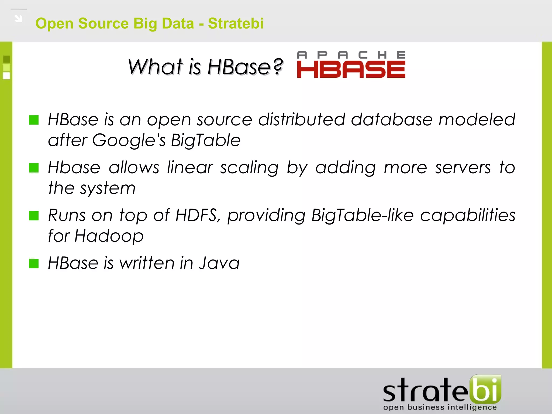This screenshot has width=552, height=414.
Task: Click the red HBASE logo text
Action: [x=351, y=69]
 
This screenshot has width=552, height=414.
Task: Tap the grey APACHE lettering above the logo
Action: [x=351, y=55]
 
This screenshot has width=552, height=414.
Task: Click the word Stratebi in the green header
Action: [x=236, y=23]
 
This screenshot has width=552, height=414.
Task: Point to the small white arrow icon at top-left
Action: [x=18, y=18]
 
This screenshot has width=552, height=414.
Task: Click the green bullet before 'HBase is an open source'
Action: [x=34, y=120]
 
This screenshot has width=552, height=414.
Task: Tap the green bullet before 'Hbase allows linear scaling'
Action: [x=34, y=168]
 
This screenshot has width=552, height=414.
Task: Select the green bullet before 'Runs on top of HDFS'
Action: [x=34, y=216]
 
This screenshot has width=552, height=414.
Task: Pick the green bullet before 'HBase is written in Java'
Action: [x=34, y=263]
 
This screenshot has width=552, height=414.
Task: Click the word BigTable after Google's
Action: [x=206, y=140]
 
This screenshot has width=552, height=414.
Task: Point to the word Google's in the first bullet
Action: [x=129, y=140]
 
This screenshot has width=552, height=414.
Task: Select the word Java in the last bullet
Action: [x=219, y=263]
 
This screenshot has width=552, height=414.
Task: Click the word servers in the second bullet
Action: [x=463, y=168]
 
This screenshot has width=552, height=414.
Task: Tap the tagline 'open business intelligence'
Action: [x=440, y=407]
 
